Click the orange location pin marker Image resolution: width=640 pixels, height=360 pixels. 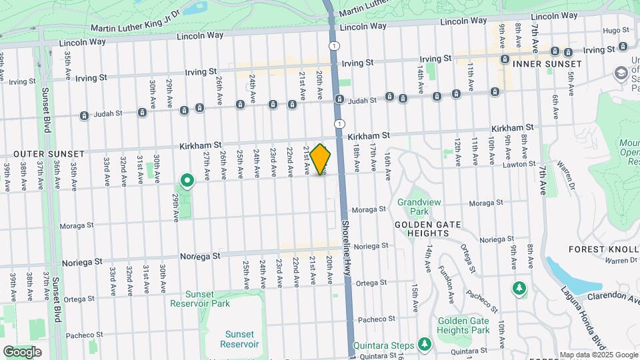click(x=321, y=159)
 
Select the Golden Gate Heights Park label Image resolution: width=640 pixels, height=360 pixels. click(x=463, y=325)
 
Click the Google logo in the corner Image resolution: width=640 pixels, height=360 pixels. click(x=22, y=351)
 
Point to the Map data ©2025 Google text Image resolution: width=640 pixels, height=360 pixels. click(x=599, y=355)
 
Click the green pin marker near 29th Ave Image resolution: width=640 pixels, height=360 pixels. click(x=187, y=180)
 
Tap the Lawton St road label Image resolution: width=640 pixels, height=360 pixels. click(x=520, y=163)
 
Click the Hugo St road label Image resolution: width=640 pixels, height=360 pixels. click(x=611, y=31)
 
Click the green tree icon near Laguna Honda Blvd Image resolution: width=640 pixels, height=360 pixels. click(x=519, y=288)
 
